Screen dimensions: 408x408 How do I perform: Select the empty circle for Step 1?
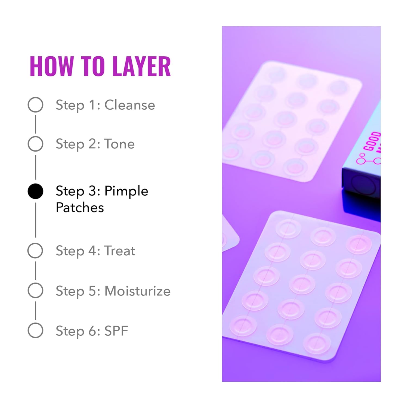35,105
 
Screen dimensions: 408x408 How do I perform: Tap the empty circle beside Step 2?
35,144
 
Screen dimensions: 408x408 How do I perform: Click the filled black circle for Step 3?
35,191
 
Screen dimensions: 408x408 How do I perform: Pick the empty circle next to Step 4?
35,251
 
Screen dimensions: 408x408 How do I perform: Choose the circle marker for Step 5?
35,290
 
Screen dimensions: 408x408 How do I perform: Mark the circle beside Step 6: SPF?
35,330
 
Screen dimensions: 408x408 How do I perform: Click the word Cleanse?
129,105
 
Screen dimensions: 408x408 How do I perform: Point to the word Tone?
119,144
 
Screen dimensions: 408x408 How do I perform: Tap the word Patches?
80,208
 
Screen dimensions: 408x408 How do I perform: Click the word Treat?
120,251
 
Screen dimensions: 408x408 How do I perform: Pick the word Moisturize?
137,291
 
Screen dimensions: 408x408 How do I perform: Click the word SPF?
116,331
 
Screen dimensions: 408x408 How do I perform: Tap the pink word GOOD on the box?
372,141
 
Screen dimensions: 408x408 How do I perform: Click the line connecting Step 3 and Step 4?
35,220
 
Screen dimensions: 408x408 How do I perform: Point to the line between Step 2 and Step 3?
35,167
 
